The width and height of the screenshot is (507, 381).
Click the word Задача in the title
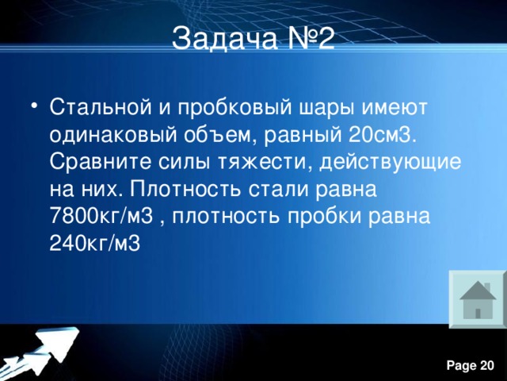(x=215, y=38)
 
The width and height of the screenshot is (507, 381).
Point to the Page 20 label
(x=471, y=364)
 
